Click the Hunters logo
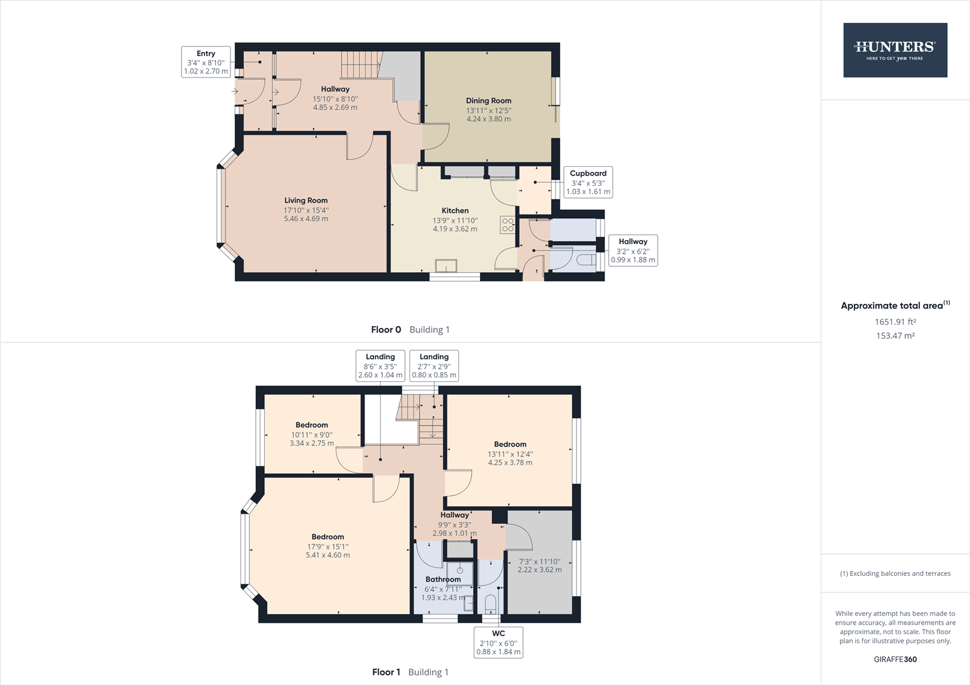click(894, 50)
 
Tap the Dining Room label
click(488, 100)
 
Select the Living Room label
click(306, 200)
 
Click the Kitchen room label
click(455, 211)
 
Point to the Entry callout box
click(206, 62)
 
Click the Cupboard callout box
click(588, 182)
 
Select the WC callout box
click(498, 642)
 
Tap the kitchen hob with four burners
click(508, 225)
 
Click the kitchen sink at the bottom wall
click(446, 266)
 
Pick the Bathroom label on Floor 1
click(443, 579)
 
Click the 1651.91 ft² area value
click(895, 322)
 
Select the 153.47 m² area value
click(895, 336)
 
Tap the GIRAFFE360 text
click(895, 659)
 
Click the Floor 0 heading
click(386, 329)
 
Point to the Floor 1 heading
click(386, 672)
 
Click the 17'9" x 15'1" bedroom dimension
click(328, 546)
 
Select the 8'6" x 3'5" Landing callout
click(380, 365)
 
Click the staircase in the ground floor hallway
click(359, 64)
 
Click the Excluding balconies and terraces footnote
click(895, 573)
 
